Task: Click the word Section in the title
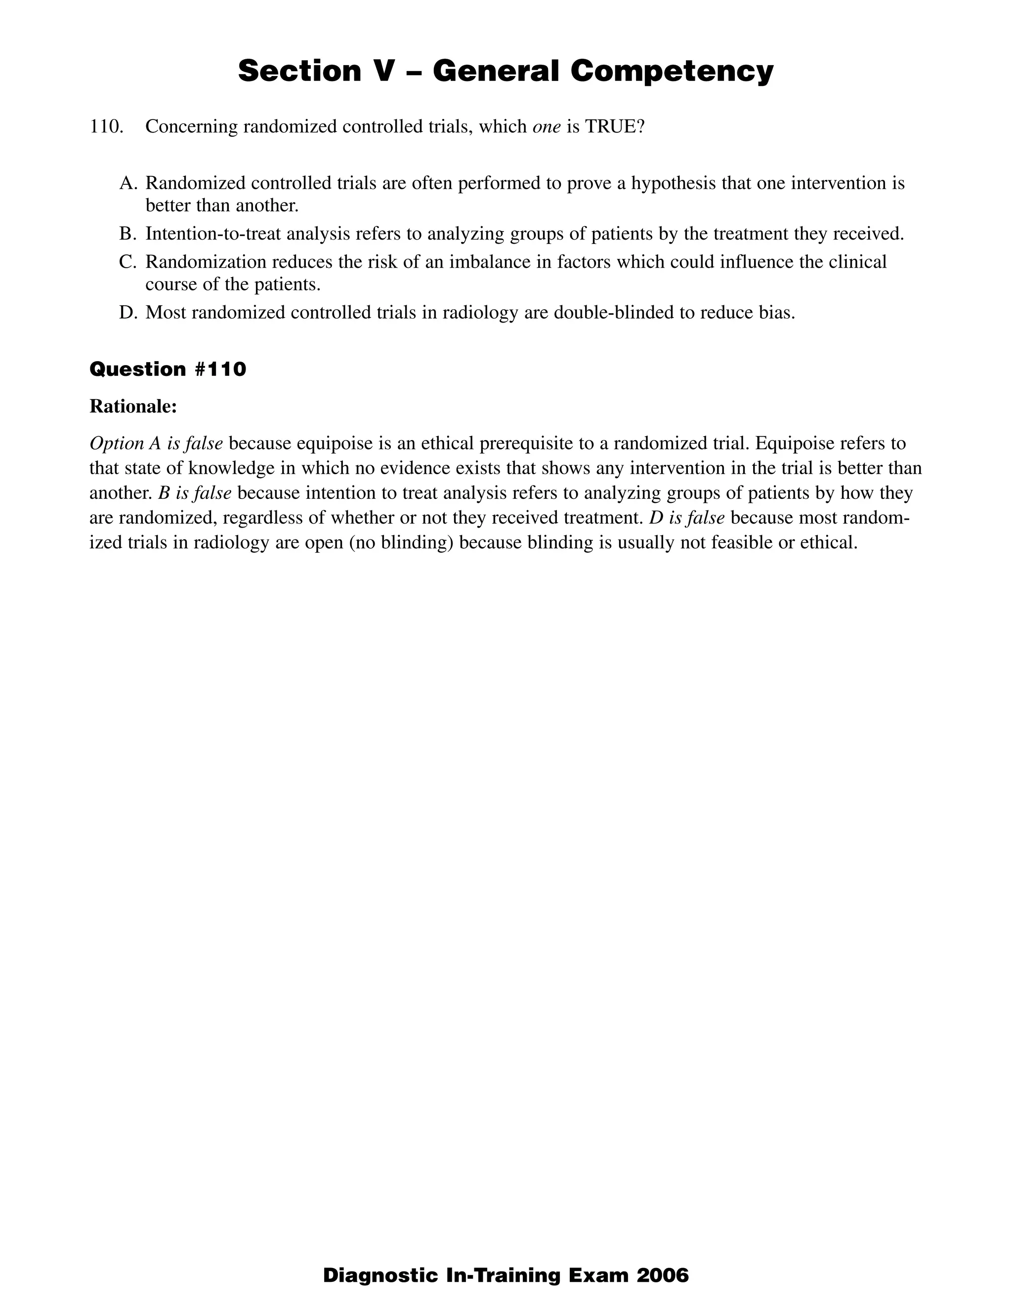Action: click(300, 71)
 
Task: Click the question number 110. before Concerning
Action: click(107, 127)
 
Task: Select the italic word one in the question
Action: click(546, 127)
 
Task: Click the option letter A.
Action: click(128, 183)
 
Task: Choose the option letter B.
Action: click(128, 234)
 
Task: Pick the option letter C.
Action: click(128, 262)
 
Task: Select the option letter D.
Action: click(128, 313)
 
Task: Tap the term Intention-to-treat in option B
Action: click(213, 234)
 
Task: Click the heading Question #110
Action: click(168, 369)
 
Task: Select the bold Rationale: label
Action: click(133, 407)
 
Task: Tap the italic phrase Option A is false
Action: click(156, 444)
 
